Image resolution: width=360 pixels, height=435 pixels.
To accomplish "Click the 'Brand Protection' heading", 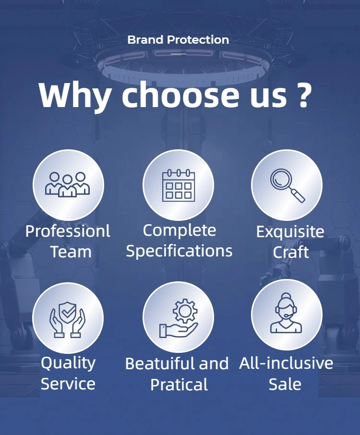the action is point(178,40).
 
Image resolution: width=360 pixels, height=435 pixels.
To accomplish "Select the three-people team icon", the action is point(67,184).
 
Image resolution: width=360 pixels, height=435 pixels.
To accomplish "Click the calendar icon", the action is point(179,185).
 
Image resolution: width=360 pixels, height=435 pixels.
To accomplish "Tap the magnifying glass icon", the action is point(288,185).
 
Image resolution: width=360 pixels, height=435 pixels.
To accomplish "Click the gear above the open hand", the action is point(185,311).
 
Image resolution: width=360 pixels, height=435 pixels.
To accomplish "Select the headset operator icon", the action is point(286,313).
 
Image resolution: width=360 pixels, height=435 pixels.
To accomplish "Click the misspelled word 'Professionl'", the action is point(68,231).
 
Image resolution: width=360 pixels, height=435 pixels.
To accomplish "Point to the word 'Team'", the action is point(71,252).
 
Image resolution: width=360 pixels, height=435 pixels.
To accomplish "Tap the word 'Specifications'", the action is point(179,251).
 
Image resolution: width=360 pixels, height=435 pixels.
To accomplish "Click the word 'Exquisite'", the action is point(290,231).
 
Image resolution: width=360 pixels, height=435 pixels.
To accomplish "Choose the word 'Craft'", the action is point(291,252).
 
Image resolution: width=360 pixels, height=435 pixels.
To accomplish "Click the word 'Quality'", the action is point(68,363).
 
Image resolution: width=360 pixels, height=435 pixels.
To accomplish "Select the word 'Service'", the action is point(68,384).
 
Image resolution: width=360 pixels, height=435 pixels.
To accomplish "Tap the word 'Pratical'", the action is point(179,385).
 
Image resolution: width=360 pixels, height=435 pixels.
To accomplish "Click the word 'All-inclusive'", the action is point(286,363).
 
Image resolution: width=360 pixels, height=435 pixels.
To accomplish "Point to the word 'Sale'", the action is point(285,384).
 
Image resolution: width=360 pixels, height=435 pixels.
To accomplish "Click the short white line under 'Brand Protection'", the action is point(179,54).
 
